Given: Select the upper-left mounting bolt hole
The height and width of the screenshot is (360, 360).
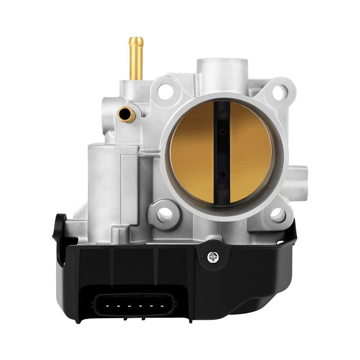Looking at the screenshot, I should tap(164, 91).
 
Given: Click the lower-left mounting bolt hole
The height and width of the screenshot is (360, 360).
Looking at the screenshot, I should tap(164, 215).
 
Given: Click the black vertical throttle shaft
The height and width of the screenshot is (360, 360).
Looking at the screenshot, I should tap(222, 152).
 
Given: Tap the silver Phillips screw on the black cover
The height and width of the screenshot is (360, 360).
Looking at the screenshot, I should tap(213, 257).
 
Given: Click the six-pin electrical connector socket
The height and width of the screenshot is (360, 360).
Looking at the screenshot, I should tap(129, 305).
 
